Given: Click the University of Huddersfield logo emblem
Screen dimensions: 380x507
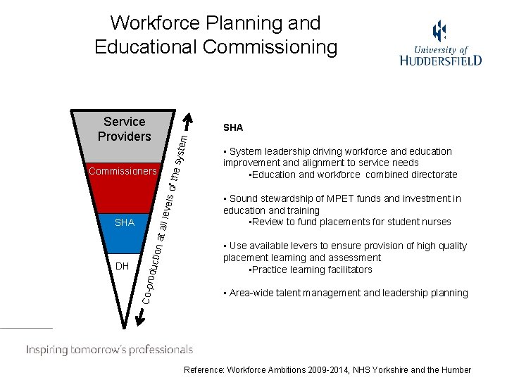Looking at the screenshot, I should pyautogui.click(x=439, y=32).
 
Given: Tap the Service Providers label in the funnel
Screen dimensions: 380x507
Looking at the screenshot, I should pyautogui.click(x=124, y=129).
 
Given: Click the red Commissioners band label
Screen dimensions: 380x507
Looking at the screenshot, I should pyautogui.click(x=123, y=171).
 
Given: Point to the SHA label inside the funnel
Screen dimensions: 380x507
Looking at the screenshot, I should pyautogui.click(x=124, y=222).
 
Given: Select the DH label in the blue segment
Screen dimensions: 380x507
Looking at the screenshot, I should pyautogui.click(x=122, y=266).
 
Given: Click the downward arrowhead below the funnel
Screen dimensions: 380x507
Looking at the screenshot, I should pyautogui.click(x=139, y=320).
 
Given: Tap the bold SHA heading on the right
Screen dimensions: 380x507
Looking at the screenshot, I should pyautogui.click(x=233, y=128).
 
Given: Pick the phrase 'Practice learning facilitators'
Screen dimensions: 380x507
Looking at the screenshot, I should pyautogui.click(x=312, y=270).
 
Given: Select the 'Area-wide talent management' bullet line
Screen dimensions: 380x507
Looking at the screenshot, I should pyautogui.click(x=345, y=293).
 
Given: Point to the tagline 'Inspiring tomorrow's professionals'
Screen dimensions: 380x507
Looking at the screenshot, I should pyautogui.click(x=109, y=350).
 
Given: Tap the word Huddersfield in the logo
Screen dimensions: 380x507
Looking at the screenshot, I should pyautogui.click(x=441, y=61).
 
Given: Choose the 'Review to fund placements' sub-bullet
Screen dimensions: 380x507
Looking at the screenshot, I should pyautogui.click(x=350, y=222).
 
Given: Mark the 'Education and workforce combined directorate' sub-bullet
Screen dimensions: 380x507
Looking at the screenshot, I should pyautogui.click(x=353, y=175).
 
